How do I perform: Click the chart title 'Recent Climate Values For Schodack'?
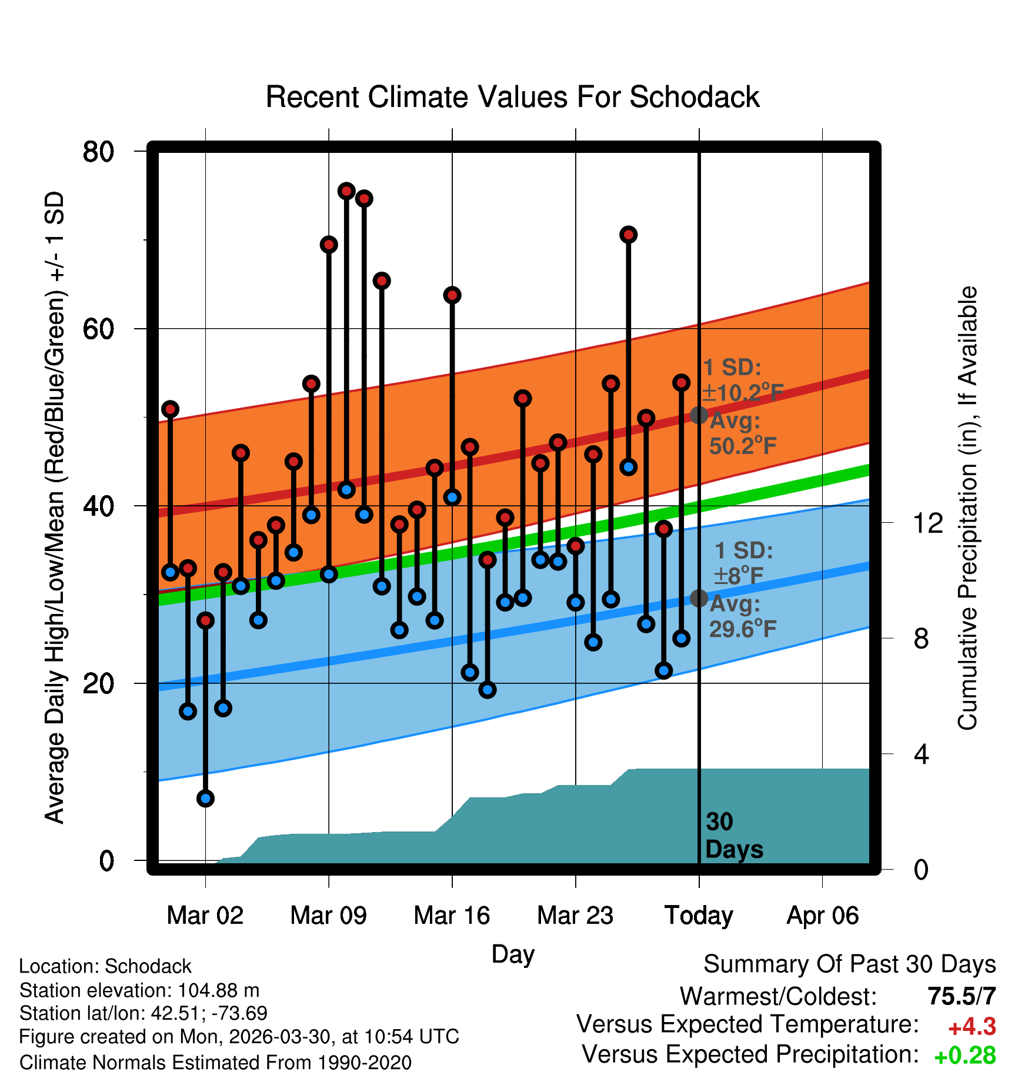(512, 97)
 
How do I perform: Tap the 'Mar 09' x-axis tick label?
(328, 916)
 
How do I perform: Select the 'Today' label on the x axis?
(699, 916)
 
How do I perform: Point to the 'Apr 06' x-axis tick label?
(823, 916)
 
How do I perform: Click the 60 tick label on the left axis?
(98, 329)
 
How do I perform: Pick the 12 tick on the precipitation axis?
(927, 523)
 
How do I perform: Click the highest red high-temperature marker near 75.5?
(346, 191)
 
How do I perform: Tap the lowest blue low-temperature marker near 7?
(205, 798)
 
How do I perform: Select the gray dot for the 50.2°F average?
(699, 415)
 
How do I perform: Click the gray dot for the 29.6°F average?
(699, 598)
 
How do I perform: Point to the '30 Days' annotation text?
(734, 836)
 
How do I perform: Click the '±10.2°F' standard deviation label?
(743, 393)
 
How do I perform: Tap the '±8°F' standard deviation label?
(739, 576)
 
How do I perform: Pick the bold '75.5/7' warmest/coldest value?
(962, 996)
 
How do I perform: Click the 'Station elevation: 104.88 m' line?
(139, 990)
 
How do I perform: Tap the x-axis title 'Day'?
(513, 954)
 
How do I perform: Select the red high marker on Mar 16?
(452, 295)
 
